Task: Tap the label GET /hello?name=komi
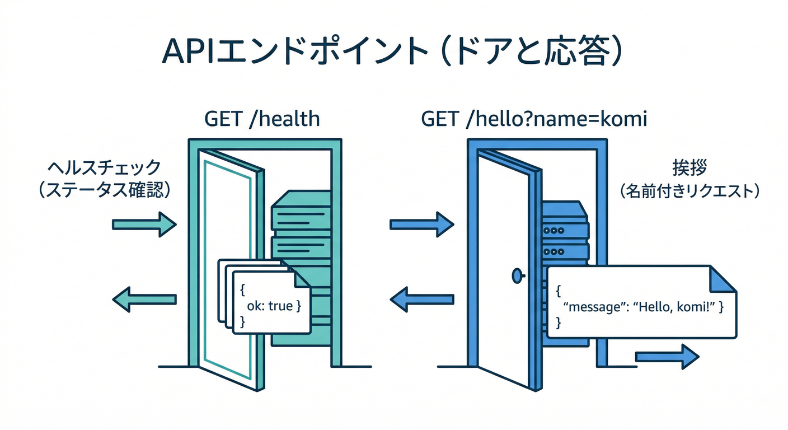534,119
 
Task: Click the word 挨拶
688,168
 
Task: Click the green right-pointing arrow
144,225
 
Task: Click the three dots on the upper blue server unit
555,230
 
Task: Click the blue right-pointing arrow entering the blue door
421,225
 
